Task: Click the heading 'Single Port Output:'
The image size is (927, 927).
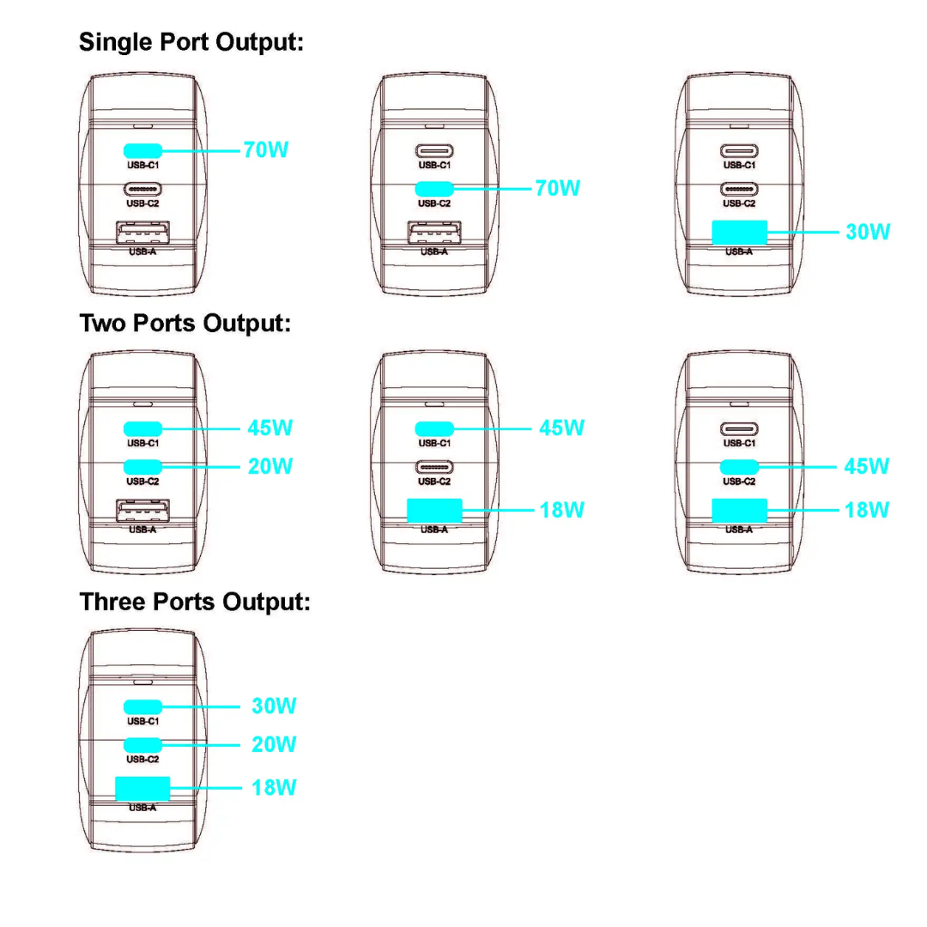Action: (x=191, y=42)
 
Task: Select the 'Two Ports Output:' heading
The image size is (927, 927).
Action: (x=185, y=324)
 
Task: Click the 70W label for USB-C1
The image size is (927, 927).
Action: (x=266, y=150)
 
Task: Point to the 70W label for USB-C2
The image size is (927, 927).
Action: (x=558, y=188)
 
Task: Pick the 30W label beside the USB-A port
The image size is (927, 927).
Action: (x=868, y=232)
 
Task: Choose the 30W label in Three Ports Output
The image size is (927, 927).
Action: (x=274, y=706)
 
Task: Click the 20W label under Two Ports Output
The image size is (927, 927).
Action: (x=270, y=466)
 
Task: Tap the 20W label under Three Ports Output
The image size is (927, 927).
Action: (x=274, y=744)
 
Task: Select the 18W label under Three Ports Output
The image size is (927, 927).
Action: (x=274, y=787)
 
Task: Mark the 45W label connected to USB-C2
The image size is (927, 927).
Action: (x=867, y=466)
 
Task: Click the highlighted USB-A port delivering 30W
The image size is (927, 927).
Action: (x=739, y=232)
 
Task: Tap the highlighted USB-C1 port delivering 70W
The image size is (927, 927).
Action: (x=143, y=149)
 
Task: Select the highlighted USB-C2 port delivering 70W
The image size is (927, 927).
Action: (x=434, y=188)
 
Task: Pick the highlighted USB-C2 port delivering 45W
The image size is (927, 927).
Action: (x=739, y=466)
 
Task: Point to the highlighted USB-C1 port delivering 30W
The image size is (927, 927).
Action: (x=143, y=706)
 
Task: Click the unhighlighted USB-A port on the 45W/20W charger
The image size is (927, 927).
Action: (x=142, y=510)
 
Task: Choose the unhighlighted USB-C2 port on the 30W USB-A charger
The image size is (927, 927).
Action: (x=739, y=189)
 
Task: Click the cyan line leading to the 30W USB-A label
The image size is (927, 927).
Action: (x=803, y=232)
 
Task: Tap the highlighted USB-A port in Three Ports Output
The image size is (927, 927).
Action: (x=142, y=788)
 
